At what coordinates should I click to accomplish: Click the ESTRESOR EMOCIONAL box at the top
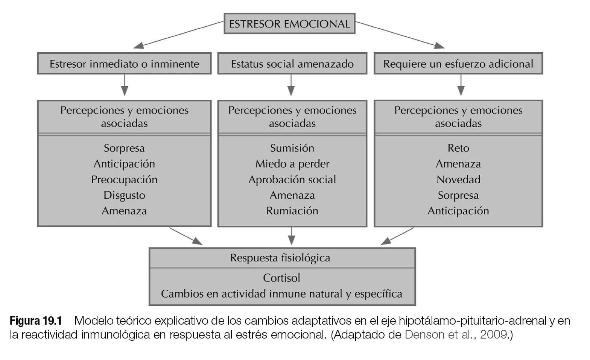(289, 24)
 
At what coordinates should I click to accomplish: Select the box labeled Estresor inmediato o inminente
(124, 64)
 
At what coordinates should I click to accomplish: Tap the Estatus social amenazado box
(292, 64)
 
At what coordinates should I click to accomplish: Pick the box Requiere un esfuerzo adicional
(458, 64)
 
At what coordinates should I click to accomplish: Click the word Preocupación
(124, 179)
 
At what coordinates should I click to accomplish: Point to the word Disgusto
(124, 195)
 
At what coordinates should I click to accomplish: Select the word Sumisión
(292, 148)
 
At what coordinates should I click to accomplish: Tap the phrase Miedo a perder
(292, 164)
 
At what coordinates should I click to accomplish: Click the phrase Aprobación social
(292, 179)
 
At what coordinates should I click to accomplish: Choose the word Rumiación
(292, 211)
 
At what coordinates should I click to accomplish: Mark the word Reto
(458, 148)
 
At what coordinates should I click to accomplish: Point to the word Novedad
(458, 179)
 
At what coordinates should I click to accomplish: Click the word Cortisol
(281, 278)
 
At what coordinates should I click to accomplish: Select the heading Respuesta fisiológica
(280, 258)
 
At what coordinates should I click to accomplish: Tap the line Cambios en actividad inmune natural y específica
(281, 294)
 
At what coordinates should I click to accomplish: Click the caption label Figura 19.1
(35, 321)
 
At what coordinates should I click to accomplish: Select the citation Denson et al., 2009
(456, 334)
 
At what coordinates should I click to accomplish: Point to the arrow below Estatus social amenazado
(291, 85)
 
